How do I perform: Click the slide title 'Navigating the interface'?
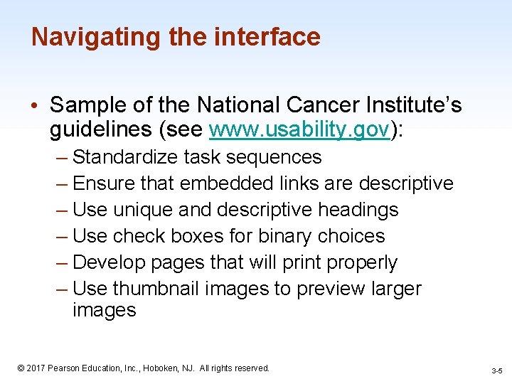tap(176, 37)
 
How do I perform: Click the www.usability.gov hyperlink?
tap(300, 130)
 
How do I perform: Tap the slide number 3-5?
tap(496, 370)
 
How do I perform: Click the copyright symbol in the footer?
tap(21, 368)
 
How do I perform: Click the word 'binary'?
tap(273, 236)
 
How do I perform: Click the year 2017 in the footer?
tap(36, 368)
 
